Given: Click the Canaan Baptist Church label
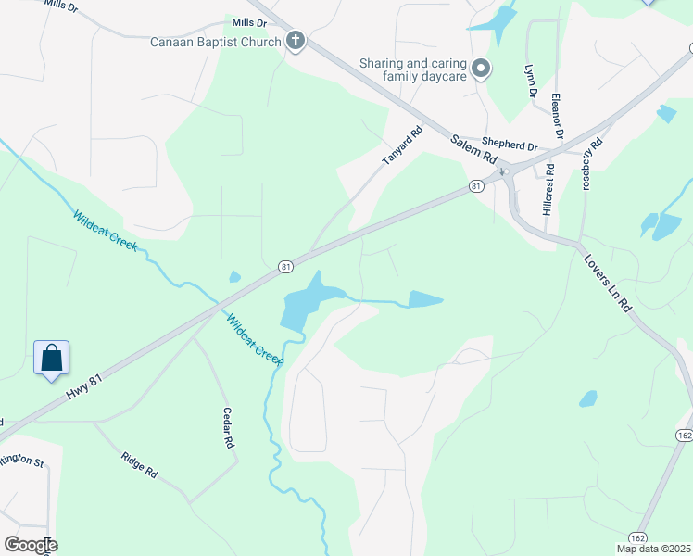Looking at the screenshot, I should [216, 41].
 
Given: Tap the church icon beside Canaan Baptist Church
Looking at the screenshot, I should [295, 40].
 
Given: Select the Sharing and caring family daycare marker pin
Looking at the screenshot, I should [480, 68].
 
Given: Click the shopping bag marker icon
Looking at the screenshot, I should [52, 358].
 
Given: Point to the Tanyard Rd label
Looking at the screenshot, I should [403, 146].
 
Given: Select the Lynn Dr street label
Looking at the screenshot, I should [531, 81].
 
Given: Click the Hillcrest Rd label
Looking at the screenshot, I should [549, 191].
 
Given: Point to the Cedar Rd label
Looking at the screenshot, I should [228, 429].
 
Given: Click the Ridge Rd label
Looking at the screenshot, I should [138, 464].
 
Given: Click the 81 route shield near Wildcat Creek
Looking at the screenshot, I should [286, 267].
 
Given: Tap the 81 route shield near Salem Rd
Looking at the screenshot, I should [476, 186].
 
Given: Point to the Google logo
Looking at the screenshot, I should [30, 544].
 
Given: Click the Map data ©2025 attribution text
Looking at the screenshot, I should [653, 549].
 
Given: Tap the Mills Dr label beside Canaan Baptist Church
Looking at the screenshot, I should [249, 22].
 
